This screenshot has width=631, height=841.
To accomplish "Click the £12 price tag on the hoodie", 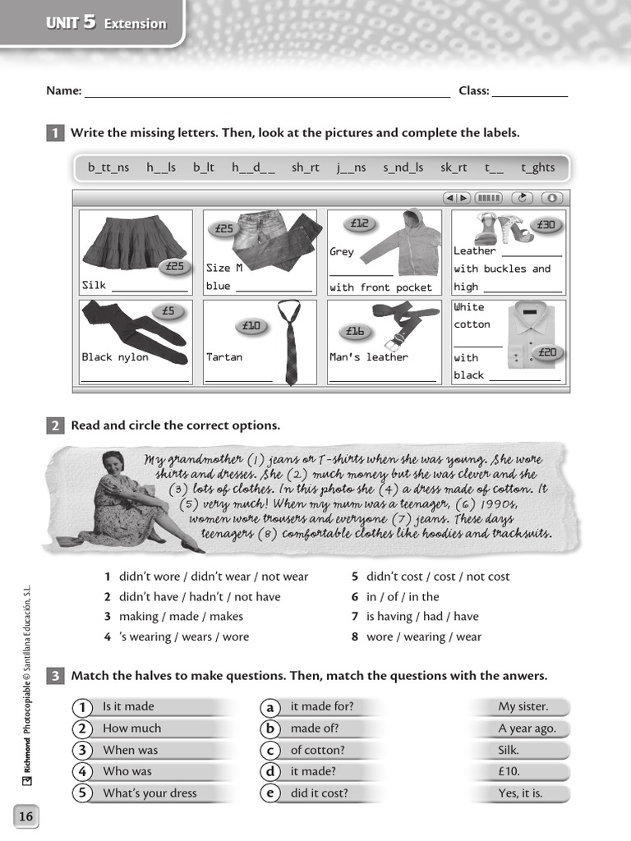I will point(360,223).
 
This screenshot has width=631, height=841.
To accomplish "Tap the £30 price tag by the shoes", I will point(546,225).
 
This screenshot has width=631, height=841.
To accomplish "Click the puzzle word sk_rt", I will point(454,168).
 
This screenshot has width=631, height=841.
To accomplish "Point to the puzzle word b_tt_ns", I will point(108,168).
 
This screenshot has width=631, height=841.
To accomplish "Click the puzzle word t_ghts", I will point(537,168).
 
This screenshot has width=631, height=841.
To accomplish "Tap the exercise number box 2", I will point(55,425).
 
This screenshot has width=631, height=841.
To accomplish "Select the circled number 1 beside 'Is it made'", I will point(82,707).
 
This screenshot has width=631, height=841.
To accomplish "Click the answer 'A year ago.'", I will point(527,728).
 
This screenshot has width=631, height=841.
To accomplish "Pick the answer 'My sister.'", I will point(523,706).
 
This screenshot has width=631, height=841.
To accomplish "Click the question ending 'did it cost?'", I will point(319,793).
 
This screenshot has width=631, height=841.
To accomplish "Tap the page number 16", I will point(26,816).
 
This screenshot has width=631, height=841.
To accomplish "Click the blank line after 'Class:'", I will point(529,93).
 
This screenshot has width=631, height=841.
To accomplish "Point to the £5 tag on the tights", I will point(168,311).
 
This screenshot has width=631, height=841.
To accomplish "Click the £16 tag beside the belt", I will point(355,331).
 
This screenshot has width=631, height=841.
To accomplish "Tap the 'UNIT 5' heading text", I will point(71,24).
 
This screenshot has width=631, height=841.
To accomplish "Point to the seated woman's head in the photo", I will point(113,464).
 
